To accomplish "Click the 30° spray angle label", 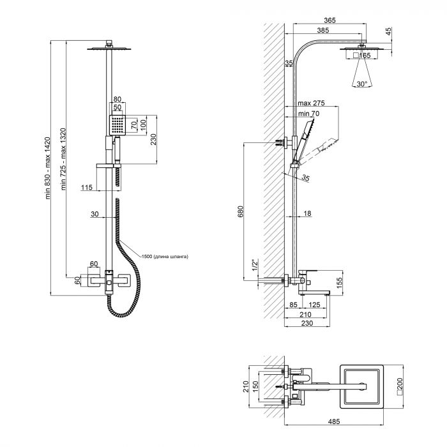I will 362,84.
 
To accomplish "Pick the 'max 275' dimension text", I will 311,103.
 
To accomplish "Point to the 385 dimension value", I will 324,31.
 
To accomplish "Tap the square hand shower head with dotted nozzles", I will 118,125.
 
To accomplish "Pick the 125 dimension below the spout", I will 315,305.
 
